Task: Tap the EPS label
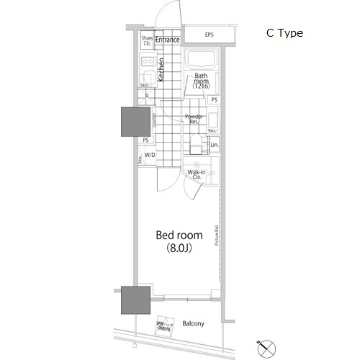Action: [209, 35]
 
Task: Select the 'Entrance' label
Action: [167, 40]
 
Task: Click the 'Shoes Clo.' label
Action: [147, 40]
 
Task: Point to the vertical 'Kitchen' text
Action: [161, 73]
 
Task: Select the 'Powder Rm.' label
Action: [193, 119]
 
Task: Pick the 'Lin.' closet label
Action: [214, 145]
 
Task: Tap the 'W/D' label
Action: [150, 156]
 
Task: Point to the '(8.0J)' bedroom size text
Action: [179, 248]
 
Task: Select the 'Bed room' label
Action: [179, 236]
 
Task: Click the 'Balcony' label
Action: [192, 323]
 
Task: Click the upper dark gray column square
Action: [134, 121]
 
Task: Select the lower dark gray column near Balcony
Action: [135, 300]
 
